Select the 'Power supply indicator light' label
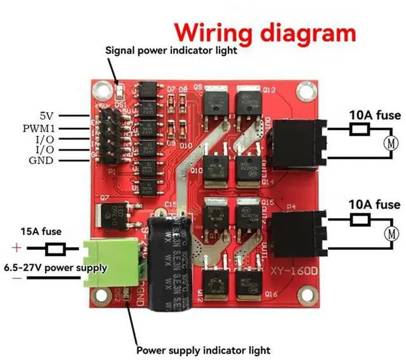(204, 350)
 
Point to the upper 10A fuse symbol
(360, 130)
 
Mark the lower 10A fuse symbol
(360, 220)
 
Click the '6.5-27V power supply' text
(56, 267)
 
